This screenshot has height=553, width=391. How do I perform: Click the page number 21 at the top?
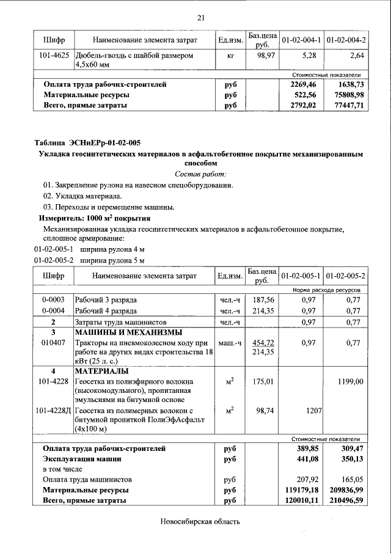click(200, 18)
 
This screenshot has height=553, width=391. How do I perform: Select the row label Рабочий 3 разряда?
click(106, 300)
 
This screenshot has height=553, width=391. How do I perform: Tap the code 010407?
click(54, 343)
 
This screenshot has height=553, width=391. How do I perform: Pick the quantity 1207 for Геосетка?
click(313, 411)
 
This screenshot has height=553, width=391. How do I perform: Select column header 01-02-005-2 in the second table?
click(346, 276)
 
